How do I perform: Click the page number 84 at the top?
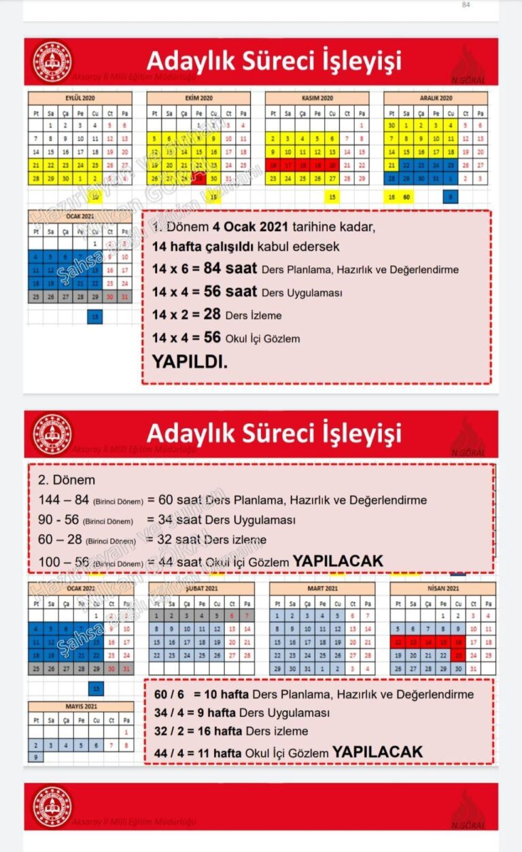tap(466, 5)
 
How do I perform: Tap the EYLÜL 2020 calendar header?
tap(80, 98)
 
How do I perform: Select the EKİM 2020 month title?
tap(198, 98)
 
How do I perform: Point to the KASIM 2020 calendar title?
tap(317, 98)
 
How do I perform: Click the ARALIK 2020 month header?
tap(435, 98)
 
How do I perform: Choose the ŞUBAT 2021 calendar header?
tap(202, 588)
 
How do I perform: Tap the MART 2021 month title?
tap(321, 588)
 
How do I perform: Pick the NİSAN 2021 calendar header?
tap(442, 588)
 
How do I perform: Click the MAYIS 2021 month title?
tap(80, 706)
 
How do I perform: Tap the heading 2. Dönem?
tap(67, 480)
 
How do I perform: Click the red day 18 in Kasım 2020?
tap(302, 165)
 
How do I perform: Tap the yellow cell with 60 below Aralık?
tap(406, 197)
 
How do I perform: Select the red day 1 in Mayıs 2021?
tap(126, 732)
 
